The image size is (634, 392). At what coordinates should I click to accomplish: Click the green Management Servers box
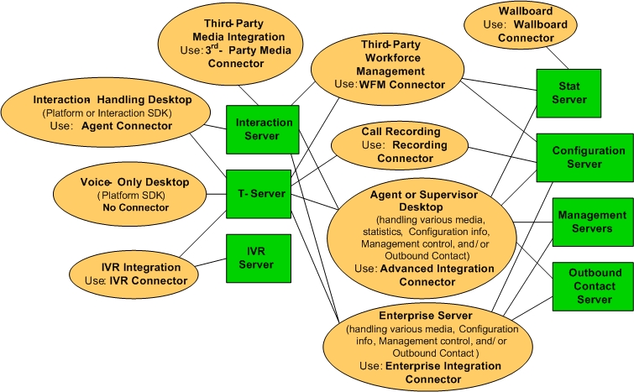tap(588, 222)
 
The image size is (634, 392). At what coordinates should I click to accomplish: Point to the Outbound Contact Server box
tap(588, 285)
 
